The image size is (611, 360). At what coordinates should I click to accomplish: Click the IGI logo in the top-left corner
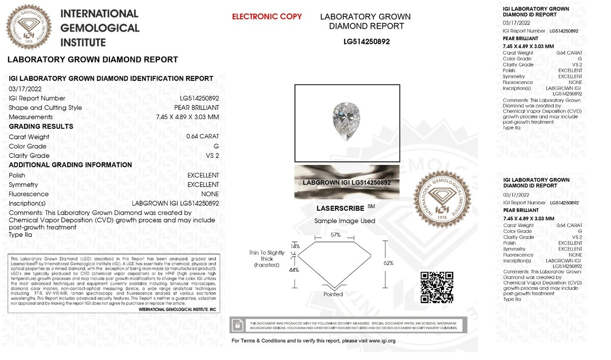(30, 26)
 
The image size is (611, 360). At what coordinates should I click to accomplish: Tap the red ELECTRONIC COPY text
(267, 17)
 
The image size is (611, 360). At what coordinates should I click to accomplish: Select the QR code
(437, 287)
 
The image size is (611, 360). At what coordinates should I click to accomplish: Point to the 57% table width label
(335, 235)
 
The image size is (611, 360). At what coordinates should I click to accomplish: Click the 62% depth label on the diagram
(389, 263)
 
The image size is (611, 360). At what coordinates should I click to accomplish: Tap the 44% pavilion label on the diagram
(294, 270)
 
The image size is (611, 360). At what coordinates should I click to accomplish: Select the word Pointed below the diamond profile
(334, 294)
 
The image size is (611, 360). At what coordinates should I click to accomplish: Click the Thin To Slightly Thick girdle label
(267, 259)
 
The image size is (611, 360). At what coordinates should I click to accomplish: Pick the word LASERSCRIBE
(340, 209)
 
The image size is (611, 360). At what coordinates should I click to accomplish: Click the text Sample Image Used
(345, 221)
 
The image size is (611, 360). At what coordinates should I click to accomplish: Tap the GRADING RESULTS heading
(41, 126)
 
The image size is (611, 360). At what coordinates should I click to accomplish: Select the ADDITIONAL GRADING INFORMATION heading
(70, 165)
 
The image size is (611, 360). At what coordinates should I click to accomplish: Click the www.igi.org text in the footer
(382, 341)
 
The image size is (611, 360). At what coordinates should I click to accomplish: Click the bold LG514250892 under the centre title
(366, 42)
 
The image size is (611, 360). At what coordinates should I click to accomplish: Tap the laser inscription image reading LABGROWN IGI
(347, 182)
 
